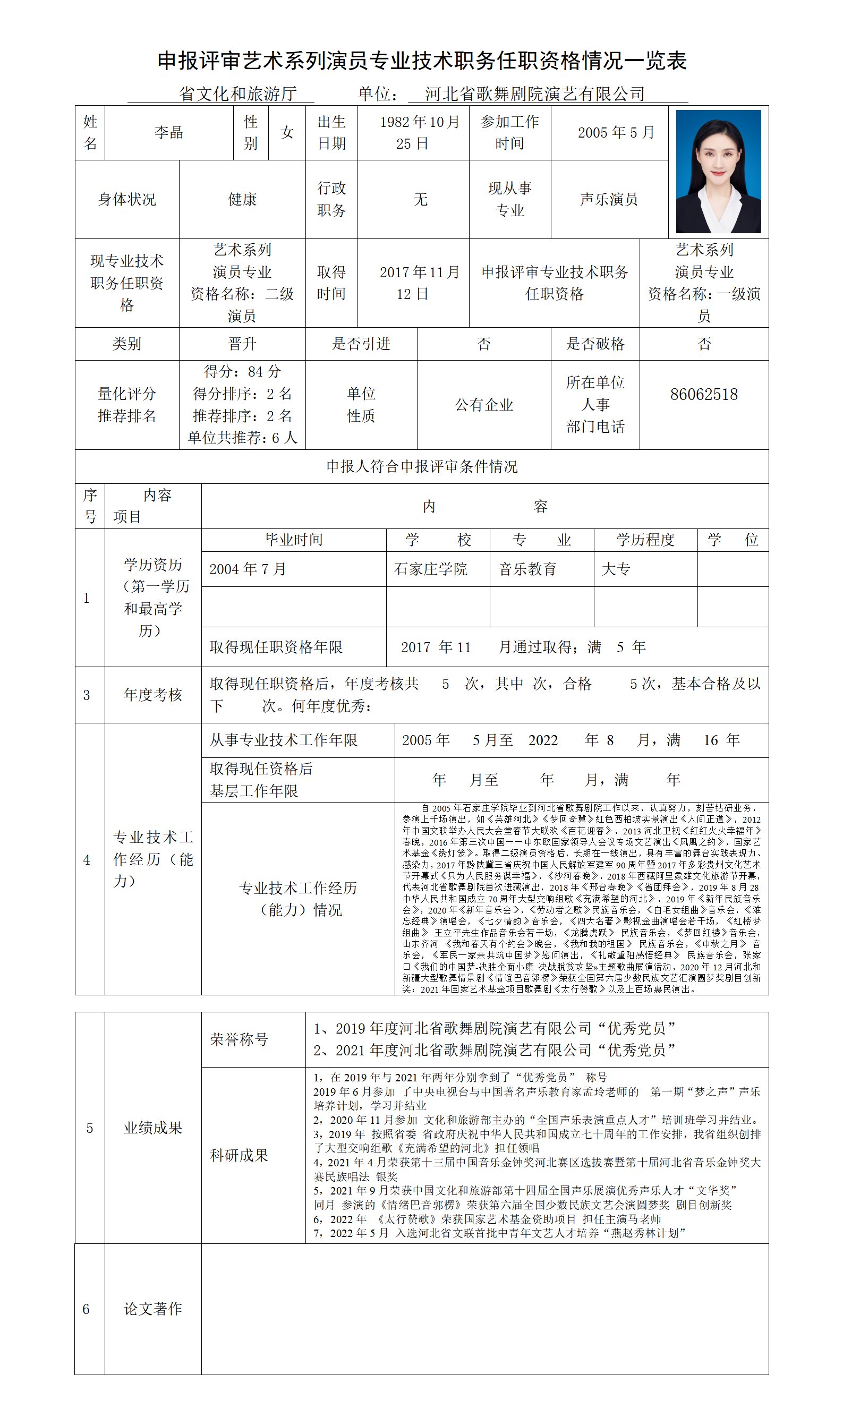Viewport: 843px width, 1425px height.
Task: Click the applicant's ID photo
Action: click(x=718, y=172)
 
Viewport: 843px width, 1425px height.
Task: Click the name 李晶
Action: click(x=169, y=133)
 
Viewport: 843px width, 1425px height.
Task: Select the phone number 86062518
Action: click(x=704, y=395)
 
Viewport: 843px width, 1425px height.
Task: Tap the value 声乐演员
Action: click(x=609, y=199)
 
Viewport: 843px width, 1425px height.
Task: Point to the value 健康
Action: click(x=242, y=199)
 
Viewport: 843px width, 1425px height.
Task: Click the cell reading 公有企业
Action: click(x=484, y=405)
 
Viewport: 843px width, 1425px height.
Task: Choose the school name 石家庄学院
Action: click(x=431, y=569)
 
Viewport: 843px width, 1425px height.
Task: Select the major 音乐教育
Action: click(x=527, y=569)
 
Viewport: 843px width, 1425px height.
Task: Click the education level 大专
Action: click(x=616, y=569)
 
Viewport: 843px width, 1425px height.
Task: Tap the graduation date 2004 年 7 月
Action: click(x=248, y=569)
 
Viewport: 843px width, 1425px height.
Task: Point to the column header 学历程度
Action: click(x=645, y=540)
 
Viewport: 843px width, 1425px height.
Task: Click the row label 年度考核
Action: click(x=153, y=695)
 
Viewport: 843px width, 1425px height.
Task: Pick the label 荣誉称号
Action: click(x=239, y=1040)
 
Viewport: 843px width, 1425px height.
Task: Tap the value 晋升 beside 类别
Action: click(x=242, y=344)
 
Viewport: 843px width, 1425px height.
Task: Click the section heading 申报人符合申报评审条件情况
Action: click(x=422, y=467)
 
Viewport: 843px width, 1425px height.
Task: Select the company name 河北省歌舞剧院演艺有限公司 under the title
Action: click(x=534, y=93)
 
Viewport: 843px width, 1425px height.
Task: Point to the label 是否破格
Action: click(x=595, y=344)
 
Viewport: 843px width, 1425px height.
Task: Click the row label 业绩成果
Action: click(x=153, y=1128)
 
